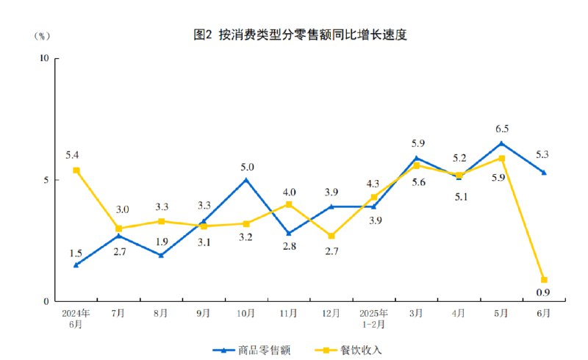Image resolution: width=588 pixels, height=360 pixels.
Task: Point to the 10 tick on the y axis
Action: coord(43,58)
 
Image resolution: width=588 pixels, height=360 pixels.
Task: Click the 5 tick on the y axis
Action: coord(46,180)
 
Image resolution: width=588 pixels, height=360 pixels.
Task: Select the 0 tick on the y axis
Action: coord(46,301)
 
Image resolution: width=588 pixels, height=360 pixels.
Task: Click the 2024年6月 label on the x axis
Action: coord(76,318)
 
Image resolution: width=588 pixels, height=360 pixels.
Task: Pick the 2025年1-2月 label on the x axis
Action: coord(373,318)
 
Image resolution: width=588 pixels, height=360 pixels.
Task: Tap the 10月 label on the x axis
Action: coord(245,313)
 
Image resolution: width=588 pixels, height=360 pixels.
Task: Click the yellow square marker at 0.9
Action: coord(544,280)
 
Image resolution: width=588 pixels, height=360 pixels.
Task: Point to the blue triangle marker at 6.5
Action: coord(501,143)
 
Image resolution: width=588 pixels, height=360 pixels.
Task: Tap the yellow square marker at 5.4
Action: coord(76,170)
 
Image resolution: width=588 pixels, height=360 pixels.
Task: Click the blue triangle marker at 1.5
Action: coord(76,264)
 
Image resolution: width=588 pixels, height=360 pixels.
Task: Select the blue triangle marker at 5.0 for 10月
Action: coord(245,179)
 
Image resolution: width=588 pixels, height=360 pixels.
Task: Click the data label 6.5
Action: coord(501,128)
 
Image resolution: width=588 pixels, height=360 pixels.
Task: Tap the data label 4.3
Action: coord(373,184)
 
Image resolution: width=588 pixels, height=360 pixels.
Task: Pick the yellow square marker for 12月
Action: coord(331,236)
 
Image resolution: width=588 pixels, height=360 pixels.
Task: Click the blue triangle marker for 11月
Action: coord(288,233)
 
